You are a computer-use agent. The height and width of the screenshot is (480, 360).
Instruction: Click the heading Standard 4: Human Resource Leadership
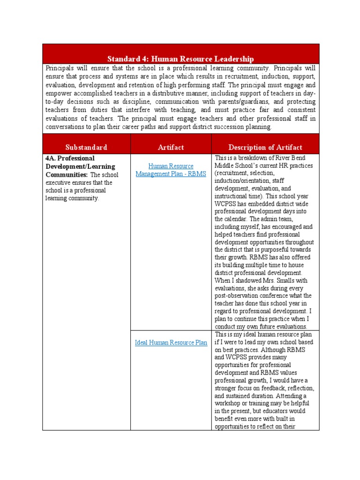point(180,59)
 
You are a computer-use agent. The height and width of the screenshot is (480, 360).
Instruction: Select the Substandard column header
point(86,147)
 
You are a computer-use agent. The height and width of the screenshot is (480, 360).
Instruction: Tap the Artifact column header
point(171,147)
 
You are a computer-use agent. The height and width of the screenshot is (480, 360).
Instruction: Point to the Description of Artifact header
point(265,147)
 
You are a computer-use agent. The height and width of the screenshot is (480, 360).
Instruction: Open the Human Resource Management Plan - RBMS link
point(171,170)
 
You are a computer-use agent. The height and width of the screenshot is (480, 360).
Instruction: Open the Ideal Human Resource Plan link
point(171,343)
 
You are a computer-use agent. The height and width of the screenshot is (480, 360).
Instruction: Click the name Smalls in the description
point(292,280)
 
